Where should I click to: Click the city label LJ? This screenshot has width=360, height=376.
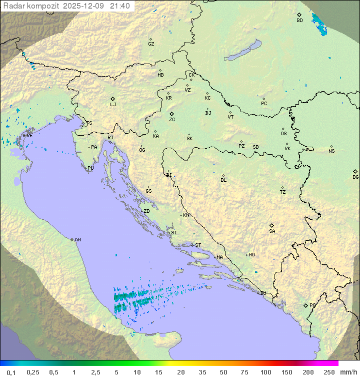pyautogui.click(x=113, y=104)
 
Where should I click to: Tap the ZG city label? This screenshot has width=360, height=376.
pyautogui.click(x=172, y=120)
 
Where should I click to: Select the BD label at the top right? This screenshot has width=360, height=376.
pyautogui.click(x=299, y=21)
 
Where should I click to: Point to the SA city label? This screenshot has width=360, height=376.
pyautogui.click(x=272, y=231)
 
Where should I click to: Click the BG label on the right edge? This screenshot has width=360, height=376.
pyautogui.click(x=355, y=177)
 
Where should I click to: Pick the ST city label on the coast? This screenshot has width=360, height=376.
pyautogui.click(x=198, y=245)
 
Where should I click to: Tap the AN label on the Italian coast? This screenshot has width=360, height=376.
pyautogui.click(x=77, y=240)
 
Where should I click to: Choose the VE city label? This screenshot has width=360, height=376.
pyautogui.click(x=29, y=135)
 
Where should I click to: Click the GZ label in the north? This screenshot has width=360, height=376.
pyautogui.click(x=151, y=44)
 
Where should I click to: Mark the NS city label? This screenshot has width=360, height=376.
pyautogui.click(x=331, y=151)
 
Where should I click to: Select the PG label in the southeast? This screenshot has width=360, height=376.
pyautogui.click(x=312, y=305)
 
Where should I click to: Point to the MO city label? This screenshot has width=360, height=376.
pyautogui.click(x=251, y=255)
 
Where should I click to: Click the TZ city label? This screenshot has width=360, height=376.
pyautogui.click(x=283, y=192)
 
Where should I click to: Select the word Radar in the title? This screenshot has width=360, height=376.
pyautogui.click(x=13, y=6)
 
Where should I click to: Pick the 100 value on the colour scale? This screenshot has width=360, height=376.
pyautogui.click(x=265, y=372)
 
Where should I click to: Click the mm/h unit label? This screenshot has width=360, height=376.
pyautogui.click(x=347, y=372)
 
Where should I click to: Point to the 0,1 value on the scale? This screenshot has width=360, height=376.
pyautogui.click(x=11, y=372)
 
